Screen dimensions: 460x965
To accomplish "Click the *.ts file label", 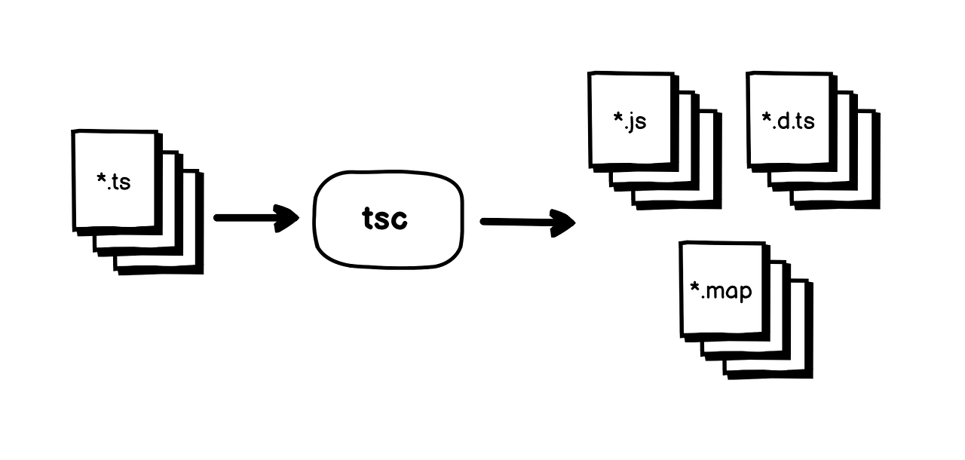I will coord(114,181).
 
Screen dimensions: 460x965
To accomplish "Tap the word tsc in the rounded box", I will coord(384,219).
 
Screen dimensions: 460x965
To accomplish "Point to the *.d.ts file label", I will coord(789,121).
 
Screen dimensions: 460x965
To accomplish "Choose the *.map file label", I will coord(721,290).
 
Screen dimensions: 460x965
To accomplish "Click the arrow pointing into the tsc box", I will coord(256,218).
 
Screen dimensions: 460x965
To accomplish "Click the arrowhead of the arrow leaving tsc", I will coord(563,222).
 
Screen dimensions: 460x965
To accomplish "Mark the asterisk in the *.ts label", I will coord(102,179).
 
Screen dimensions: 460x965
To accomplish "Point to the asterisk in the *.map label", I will coord(695,287).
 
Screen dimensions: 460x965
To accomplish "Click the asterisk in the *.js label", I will coord(618,118).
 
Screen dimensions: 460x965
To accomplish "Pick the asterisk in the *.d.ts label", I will coord(767,118).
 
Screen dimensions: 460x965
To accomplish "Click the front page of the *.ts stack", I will coord(114,204).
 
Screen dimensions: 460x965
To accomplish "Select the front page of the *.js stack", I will coord(630,143).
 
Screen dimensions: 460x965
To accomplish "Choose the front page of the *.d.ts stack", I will coord(789,143).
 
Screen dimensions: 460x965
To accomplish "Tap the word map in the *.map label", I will coord(729,291).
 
